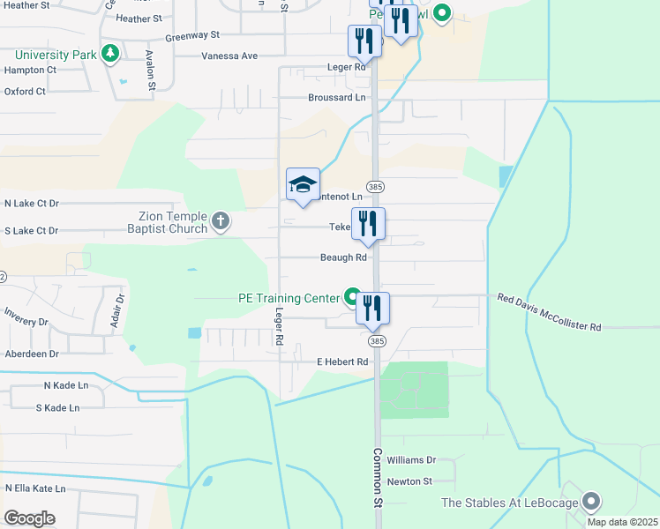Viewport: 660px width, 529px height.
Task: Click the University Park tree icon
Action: (x=110, y=55)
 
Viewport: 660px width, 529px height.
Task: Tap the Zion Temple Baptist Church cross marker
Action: (x=221, y=221)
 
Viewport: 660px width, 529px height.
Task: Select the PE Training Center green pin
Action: (x=352, y=298)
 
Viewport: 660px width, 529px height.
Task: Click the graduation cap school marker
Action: (x=303, y=184)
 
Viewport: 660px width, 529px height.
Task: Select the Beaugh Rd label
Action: (x=343, y=257)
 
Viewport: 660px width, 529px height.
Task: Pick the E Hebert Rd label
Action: (x=341, y=361)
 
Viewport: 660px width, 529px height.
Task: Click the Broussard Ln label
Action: (x=336, y=98)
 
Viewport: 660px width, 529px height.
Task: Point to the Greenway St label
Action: (x=191, y=35)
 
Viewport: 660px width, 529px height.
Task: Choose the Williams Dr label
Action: (x=411, y=460)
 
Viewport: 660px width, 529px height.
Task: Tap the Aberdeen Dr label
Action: (x=31, y=353)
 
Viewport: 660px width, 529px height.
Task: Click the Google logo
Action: (x=30, y=518)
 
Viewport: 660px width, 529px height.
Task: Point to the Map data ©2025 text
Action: (x=621, y=521)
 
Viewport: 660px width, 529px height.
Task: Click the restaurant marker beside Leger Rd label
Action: (x=364, y=41)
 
